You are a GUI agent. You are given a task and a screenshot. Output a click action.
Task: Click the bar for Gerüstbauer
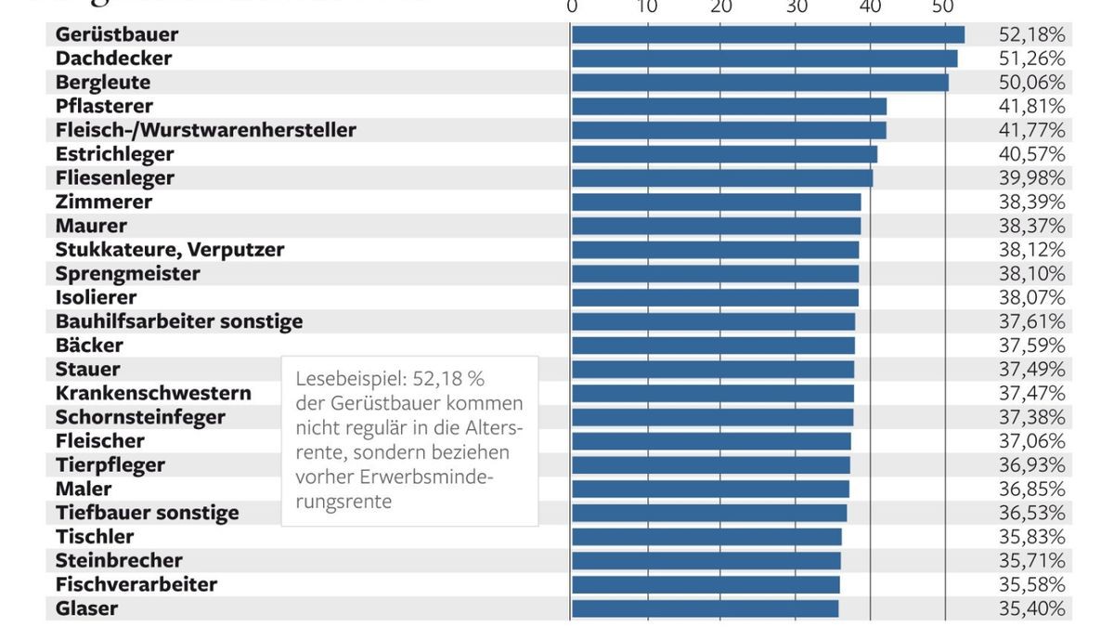768,34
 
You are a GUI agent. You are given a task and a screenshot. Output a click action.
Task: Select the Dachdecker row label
113,59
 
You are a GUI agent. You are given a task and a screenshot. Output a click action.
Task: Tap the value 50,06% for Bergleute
1031,83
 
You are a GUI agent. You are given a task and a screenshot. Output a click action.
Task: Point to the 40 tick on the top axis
870,7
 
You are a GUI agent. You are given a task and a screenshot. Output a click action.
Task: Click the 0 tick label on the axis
572,7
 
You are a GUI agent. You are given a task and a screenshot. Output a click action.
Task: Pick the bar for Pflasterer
729,106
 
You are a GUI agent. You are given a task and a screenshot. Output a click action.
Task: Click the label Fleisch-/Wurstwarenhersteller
205,130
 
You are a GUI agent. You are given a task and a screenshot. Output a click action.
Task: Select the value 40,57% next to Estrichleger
1031,154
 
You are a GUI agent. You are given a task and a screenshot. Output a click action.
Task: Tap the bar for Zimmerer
716,202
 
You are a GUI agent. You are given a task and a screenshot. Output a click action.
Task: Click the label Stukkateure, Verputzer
170,250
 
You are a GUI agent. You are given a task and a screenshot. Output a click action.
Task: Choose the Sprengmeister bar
715,274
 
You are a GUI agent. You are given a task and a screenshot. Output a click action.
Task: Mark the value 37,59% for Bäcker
1031,346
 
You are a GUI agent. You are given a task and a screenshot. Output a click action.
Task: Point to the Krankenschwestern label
153,393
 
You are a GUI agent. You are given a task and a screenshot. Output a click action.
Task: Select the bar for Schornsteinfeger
712,417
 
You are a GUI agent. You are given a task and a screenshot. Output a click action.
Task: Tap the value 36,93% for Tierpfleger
1031,464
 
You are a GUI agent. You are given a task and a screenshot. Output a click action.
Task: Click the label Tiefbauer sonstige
147,513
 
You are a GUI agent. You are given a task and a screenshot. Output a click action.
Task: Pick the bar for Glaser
705,608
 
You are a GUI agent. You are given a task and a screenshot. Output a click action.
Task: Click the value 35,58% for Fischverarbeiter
1031,584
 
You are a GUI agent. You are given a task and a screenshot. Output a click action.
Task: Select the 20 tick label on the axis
721,7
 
